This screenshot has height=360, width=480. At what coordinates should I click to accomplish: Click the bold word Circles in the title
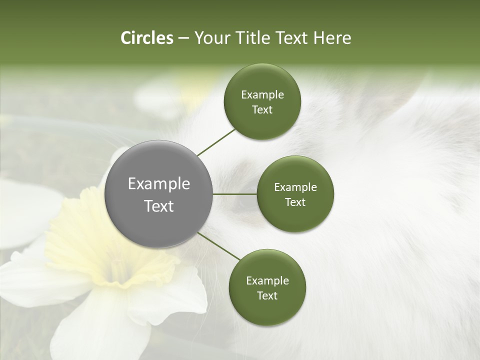tap(146, 38)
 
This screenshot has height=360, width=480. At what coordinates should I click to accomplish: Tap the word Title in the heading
tap(252, 38)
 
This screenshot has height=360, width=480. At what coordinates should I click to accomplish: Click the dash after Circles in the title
tap(183, 38)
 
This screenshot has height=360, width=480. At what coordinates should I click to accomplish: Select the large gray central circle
tap(159, 194)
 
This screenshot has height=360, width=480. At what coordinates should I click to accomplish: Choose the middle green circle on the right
tap(295, 194)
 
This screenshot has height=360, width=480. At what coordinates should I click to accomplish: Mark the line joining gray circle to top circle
tap(216, 142)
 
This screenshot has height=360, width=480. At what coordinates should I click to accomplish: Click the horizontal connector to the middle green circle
tap(235, 194)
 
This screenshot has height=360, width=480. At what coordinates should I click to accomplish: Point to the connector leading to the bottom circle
tap(219, 246)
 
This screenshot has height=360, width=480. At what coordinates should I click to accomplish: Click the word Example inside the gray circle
tap(159, 184)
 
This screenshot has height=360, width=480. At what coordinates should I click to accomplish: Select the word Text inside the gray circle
tap(159, 206)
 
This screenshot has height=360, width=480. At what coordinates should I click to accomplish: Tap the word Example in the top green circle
tap(262, 95)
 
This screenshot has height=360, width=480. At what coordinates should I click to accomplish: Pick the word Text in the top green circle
tap(262, 110)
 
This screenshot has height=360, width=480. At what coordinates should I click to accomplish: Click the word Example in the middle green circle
tap(295, 187)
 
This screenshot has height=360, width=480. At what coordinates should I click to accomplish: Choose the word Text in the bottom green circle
tap(267, 295)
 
